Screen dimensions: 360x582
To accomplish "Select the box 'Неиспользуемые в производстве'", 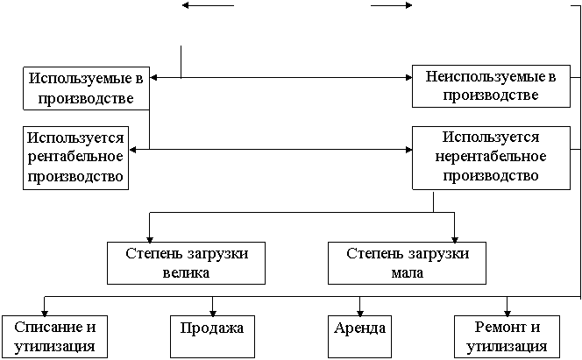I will click(485, 86).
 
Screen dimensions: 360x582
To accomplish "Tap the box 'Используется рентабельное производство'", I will click(75, 157).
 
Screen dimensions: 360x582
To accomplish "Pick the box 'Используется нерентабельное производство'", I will click(490, 157).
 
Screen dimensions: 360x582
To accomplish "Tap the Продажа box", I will click(210, 328).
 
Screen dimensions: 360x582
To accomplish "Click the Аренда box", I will click(360, 328).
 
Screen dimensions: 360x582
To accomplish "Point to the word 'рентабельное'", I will click(75, 157).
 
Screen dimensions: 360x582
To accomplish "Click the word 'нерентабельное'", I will click(490, 157).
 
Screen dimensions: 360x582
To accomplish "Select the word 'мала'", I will click(408, 272).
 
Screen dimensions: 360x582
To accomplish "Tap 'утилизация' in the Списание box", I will click(54, 347).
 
